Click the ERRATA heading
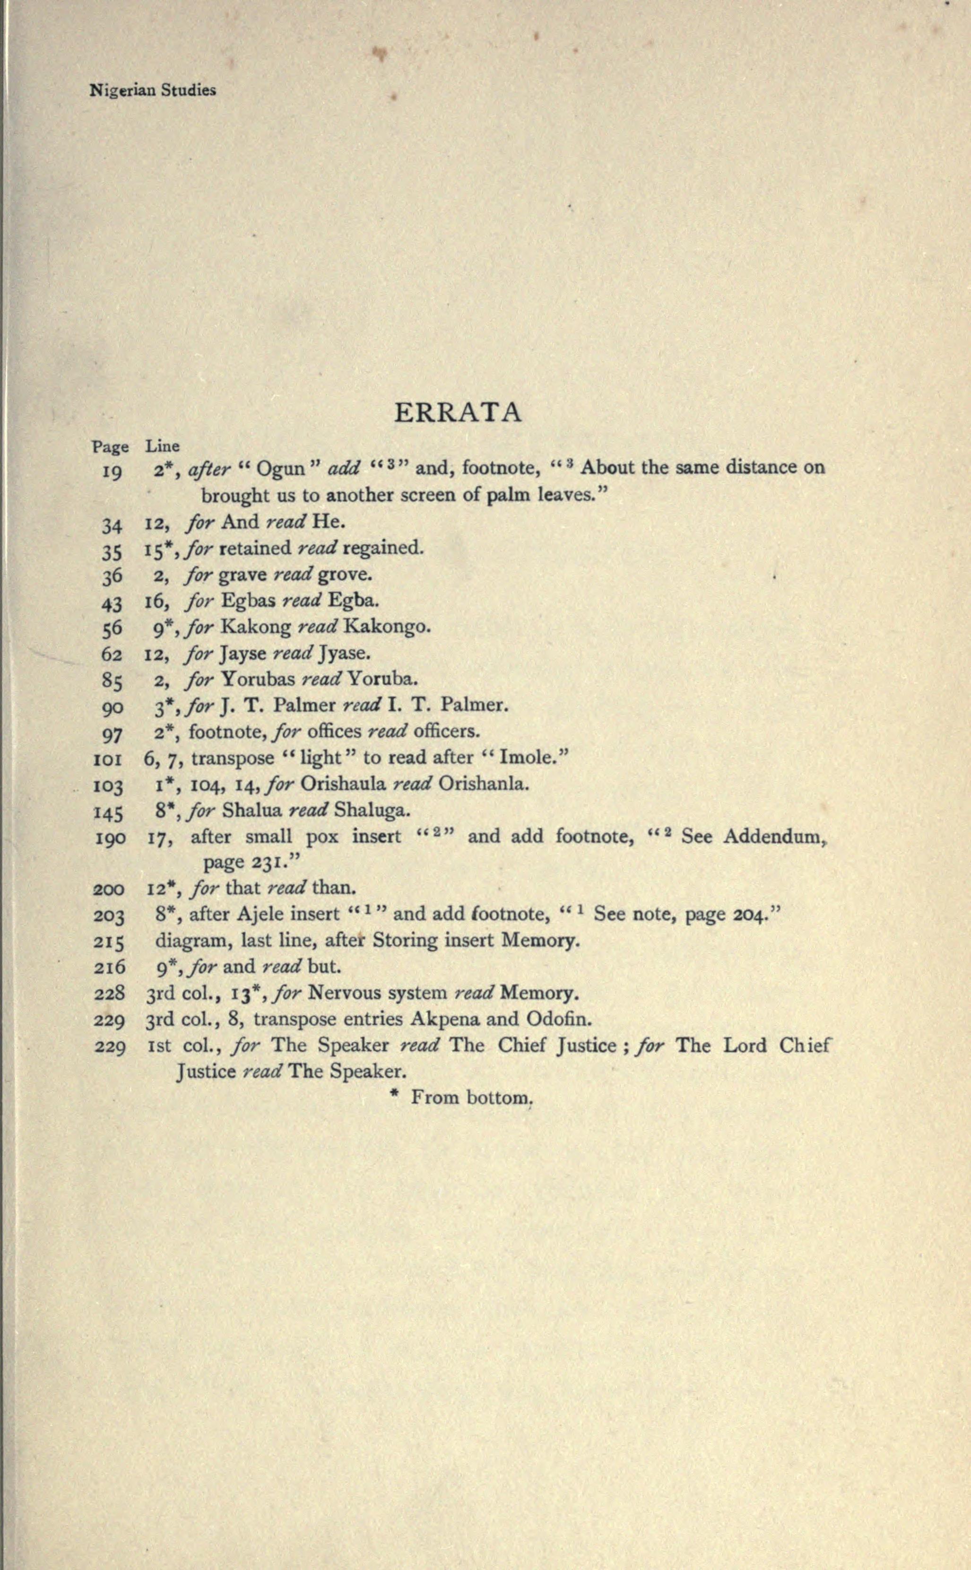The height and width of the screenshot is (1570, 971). pyautogui.click(x=457, y=413)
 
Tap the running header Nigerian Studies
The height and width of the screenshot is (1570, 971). pyautogui.click(x=153, y=91)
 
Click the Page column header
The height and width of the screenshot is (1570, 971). pyautogui.click(x=110, y=446)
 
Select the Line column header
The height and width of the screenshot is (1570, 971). pyautogui.click(x=163, y=446)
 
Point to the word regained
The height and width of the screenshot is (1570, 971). pyautogui.click(x=383, y=548)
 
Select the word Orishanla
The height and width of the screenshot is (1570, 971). pyautogui.click(x=484, y=784)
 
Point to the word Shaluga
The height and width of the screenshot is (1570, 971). pyautogui.click(x=371, y=810)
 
